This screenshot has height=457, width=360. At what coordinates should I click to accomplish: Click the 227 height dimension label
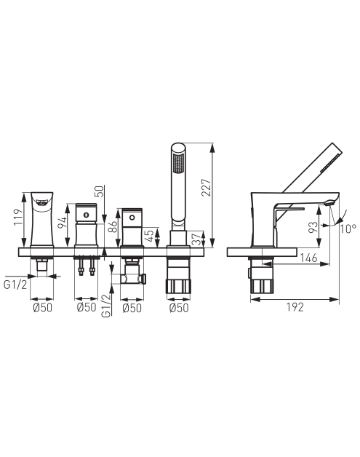[206, 188]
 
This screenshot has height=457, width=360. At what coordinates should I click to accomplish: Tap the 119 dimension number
[18, 217]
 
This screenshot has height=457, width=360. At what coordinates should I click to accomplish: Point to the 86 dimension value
[113, 226]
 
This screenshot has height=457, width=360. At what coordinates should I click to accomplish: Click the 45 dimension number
[149, 236]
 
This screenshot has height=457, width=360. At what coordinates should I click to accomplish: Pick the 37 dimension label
[197, 238]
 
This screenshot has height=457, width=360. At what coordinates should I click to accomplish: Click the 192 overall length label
[295, 307]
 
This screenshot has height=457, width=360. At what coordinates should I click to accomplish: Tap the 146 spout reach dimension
[308, 258]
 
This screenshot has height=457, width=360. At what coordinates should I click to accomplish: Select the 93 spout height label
[313, 227]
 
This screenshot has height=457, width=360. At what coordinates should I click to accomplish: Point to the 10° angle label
[348, 228]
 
